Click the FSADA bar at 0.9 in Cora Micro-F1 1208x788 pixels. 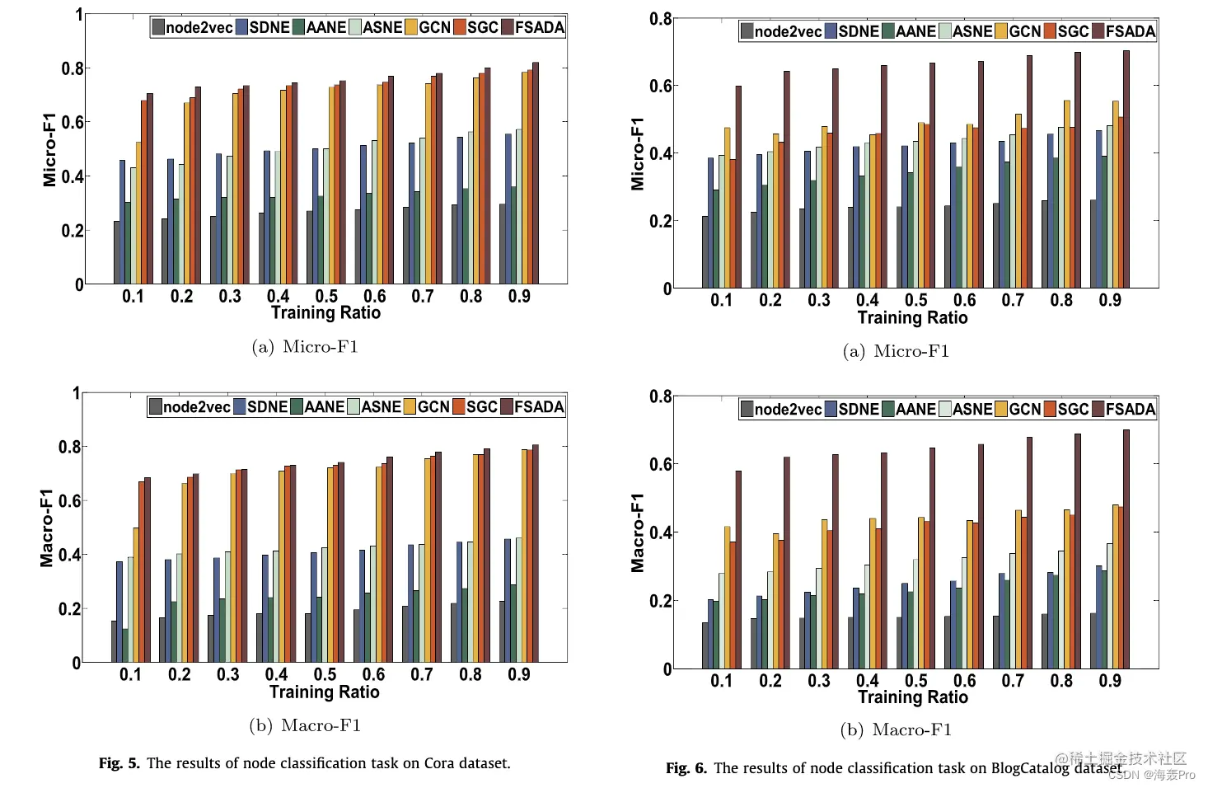pyautogui.click(x=536, y=173)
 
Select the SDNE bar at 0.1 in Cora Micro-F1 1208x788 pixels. pyautogui.click(x=123, y=223)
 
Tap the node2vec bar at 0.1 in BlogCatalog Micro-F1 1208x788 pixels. pyautogui.click(x=705, y=252)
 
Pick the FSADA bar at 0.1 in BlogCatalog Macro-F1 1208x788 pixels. pyautogui.click(x=738, y=570)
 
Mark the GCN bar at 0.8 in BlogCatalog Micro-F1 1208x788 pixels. pyautogui.click(x=1067, y=195)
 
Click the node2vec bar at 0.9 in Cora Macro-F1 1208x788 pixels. pyautogui.click(x=502, y=631)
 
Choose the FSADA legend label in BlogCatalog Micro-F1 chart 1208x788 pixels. pyautogui.click(x=1131, y=31)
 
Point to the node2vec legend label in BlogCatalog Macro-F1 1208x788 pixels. pyautogui.click(x=788, y=409)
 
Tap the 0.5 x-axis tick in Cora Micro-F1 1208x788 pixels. pyautogui.click(x=326, y=296)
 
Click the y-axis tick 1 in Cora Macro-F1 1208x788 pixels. pyautogui.click(x=77, y=393)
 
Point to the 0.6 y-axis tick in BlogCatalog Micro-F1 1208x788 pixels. pyautogui.click(x=660, y=86)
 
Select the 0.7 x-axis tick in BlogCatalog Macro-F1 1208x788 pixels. pyautogui.click(x=1013, y=681)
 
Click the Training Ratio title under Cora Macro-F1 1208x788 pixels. pyautogui.click(x=325, y=692)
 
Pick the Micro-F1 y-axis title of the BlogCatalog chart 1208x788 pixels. pyautogui.click(x=637, y=154)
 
